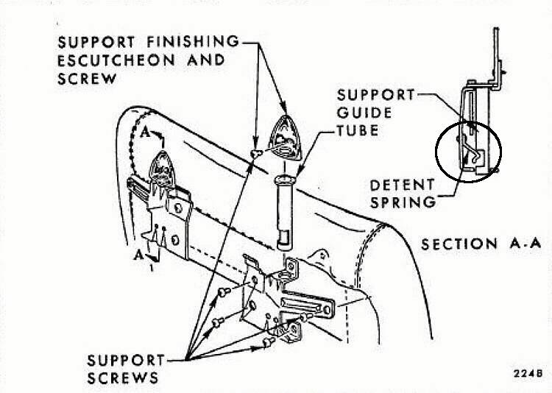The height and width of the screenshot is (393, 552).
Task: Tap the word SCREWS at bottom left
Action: (x=122, y=378)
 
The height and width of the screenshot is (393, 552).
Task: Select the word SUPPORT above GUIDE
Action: (x=375, y=95)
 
